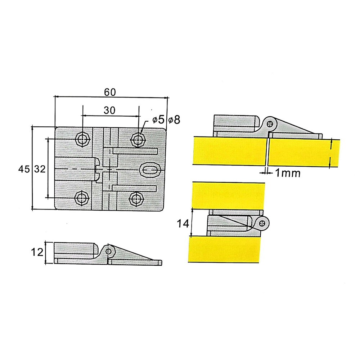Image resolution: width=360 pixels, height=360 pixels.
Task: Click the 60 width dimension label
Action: pyautogui.click(x=110, y=92)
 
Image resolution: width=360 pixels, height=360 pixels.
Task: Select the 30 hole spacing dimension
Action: pyautogui.click(x=110, y=111)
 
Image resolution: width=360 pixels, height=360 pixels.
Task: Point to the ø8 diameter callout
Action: pyautogui.click(x=174, y=120)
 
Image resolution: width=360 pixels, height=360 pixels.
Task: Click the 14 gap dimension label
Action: pyautogui.click(x=183, y=224)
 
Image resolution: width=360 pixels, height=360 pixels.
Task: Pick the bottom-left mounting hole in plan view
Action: pyautogui.click(x=83, y=198)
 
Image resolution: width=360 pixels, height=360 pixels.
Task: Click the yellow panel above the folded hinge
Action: pyautogui.click(x=229, y=195)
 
